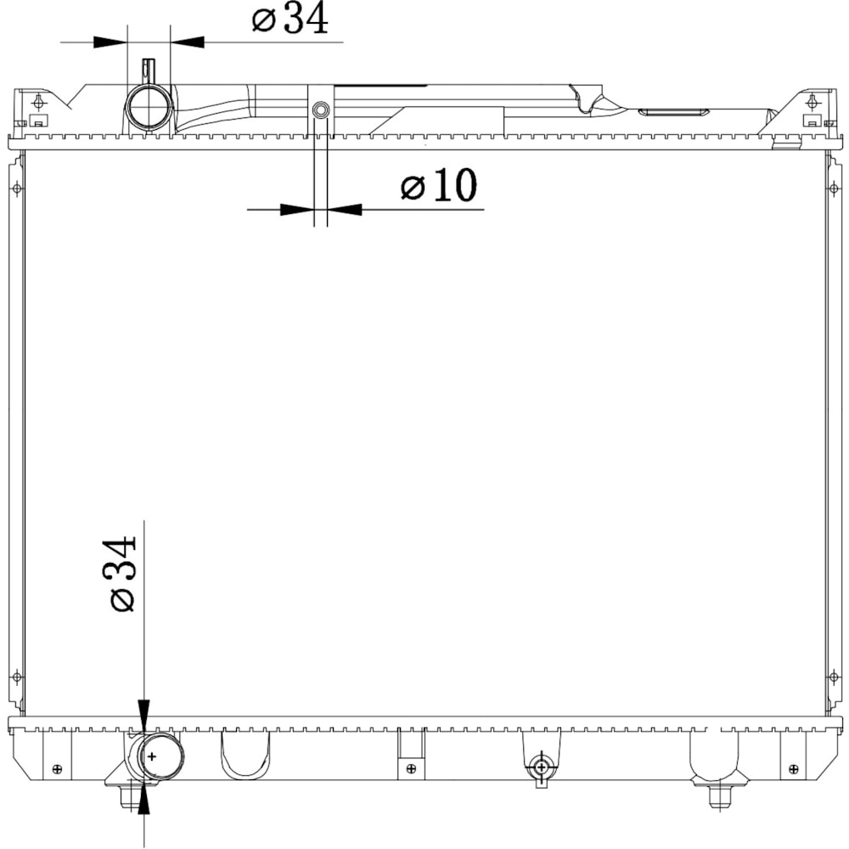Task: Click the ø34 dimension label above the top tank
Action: click(x=290, y=19)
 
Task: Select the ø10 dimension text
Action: click(x=439, y=185)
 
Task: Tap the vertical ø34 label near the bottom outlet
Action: click(x=122, y=574)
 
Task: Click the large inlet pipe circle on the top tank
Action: click(x=149, y=107)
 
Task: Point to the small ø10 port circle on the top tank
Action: click(x=321, y=110)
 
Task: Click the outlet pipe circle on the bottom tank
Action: click(x=162, y=756)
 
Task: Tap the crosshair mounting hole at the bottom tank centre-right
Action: click(x=541, y=767)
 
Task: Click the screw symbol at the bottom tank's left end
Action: click(x=57, y=769)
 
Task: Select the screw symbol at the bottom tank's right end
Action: click(x=793, y=769)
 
